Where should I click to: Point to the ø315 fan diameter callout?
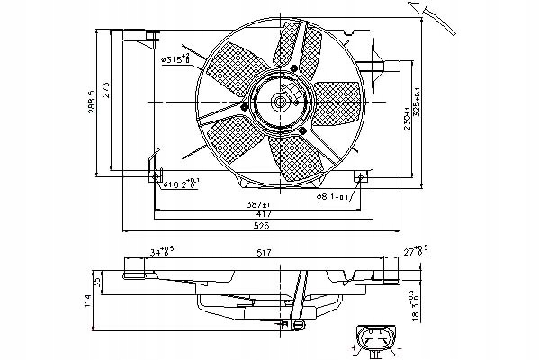click(175, 60)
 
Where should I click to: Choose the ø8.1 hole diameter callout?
click(333, 194)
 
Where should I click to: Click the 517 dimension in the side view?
click(263, 255)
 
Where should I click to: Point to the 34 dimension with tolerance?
click(137, 253)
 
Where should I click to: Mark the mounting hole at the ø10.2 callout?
click(153, 176)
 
